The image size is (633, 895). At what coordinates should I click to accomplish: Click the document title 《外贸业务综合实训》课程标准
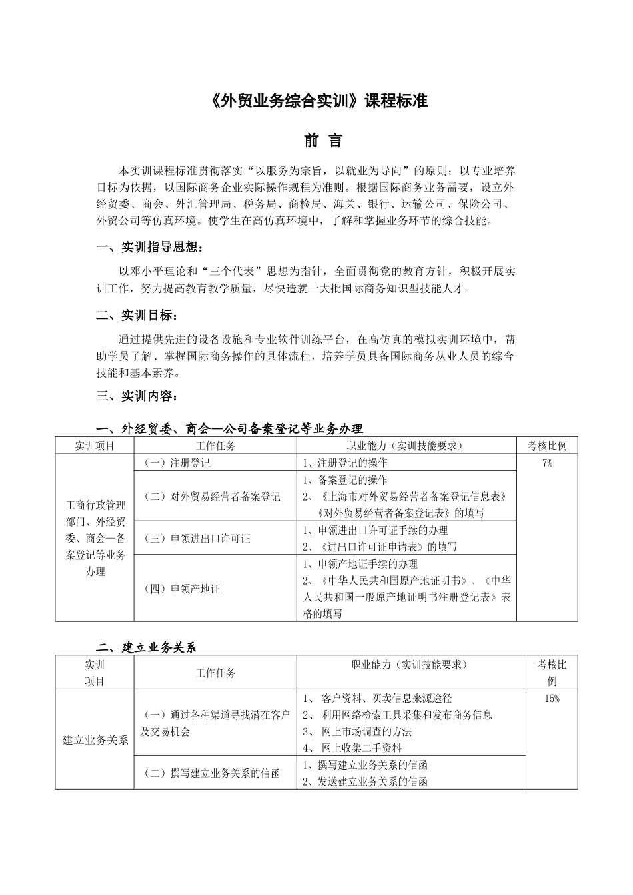[x=316, y=101]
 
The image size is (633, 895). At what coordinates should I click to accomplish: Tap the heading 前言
[x=323, y=141]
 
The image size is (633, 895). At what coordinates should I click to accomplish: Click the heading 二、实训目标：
[x=137, y=315]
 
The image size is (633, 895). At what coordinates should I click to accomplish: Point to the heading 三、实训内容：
[x=137, y=396]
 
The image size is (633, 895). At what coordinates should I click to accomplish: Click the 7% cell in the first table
[x=547, y=463]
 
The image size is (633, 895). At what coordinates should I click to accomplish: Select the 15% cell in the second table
[x=552, y=699]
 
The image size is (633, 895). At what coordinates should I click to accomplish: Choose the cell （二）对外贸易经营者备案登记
[x=213, y=497]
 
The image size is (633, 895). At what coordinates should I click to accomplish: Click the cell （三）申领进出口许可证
[x=197, y=539]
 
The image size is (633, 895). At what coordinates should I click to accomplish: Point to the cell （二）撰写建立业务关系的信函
[x=212, y=774]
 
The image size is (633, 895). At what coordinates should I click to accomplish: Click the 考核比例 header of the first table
[x=547, y=446]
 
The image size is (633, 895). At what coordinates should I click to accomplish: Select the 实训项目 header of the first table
[x=95, y=446]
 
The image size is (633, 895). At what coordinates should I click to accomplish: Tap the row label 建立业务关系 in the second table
[x=95, y=740]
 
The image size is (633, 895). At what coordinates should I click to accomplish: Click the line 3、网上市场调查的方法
[x=357, y=732]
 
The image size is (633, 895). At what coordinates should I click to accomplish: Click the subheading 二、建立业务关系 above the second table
[x=146, y=647]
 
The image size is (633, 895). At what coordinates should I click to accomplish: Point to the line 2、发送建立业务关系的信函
[x=365, y=782]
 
